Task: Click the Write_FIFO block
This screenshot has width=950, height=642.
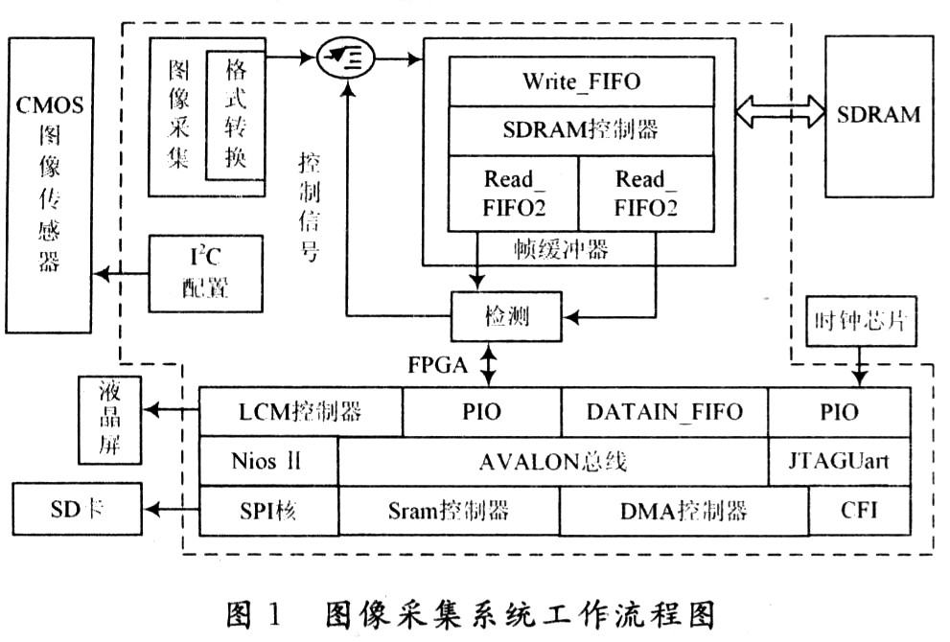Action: tap(581, 81)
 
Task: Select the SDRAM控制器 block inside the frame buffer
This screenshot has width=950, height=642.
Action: tap(581, 129)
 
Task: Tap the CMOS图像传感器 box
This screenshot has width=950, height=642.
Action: tap(50, 184)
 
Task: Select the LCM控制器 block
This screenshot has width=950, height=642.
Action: tap(299, 412)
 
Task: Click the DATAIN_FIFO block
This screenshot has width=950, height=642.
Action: tap(663, 412)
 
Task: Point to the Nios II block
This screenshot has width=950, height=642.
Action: tap(267, 462)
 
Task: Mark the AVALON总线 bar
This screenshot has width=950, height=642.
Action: tap(553, 462)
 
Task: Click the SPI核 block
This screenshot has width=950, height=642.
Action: tap(268, 511)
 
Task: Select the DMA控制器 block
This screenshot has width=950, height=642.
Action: tap(684, 511)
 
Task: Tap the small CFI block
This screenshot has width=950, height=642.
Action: tap(858, 511)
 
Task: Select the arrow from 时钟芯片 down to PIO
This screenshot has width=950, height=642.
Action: tap(861, 369)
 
